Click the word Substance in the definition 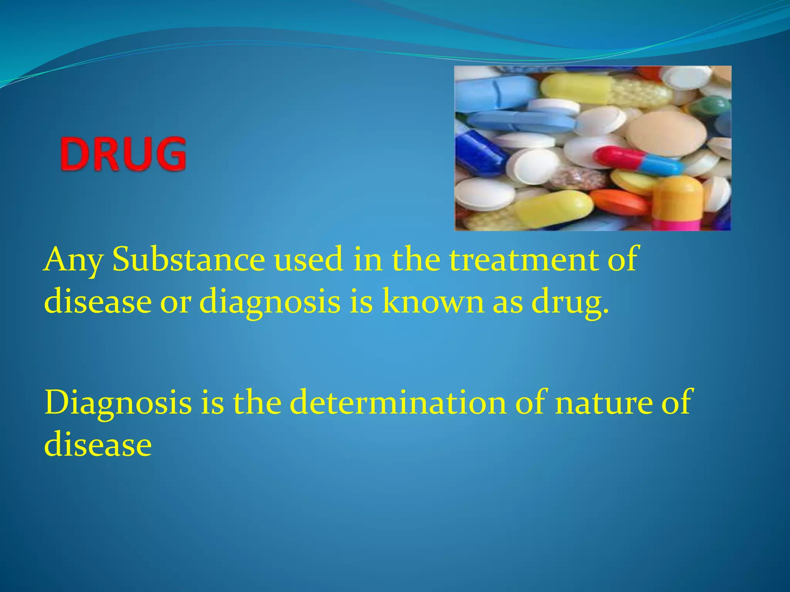(189, 259)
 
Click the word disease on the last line (98, 444)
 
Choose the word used (309, 259)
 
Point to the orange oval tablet (619, 202)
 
